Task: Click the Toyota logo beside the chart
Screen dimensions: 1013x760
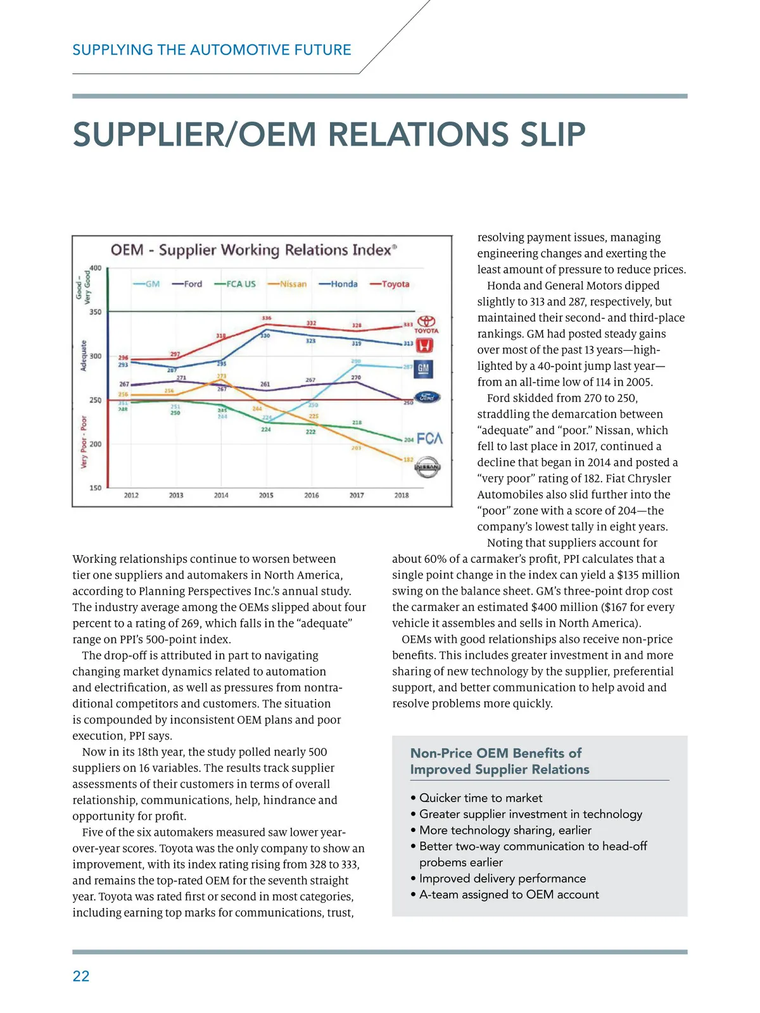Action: point(426,325)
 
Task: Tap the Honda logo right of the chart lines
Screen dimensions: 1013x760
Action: point(424,345)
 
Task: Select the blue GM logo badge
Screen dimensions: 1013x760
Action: point(423,368)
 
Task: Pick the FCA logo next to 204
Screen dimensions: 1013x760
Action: point(429,439)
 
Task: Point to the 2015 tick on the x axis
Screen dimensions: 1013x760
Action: point(266,495)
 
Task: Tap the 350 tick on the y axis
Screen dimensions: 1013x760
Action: point(95,312)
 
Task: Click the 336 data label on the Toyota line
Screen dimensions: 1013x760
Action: point(267,318)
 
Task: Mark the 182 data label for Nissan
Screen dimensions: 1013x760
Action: point(408,460)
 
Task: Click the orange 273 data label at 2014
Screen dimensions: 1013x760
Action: point(221,377)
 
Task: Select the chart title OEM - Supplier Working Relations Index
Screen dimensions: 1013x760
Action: point(253,250)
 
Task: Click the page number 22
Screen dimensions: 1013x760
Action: point(81,976)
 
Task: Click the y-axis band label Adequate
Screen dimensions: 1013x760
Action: point(84,356)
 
